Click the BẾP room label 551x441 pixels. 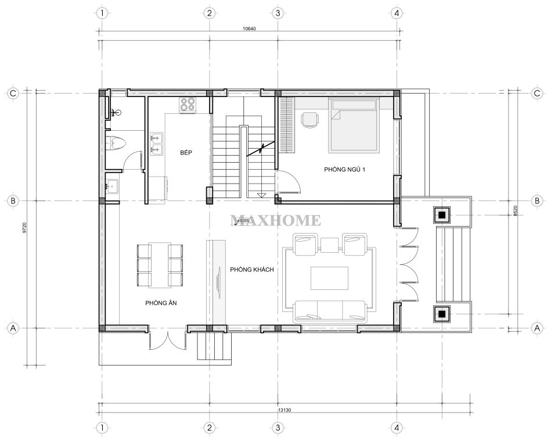(186, 153)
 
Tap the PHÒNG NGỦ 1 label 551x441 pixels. (344, 170)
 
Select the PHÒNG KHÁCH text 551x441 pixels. (251, 270)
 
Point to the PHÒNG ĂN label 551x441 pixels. (161, 303)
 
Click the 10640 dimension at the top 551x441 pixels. (249, 29)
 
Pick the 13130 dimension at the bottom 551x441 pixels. (284, 410)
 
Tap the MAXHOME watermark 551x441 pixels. (275, 221)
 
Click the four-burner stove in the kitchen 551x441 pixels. (188, 105)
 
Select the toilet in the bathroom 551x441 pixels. (116, 143)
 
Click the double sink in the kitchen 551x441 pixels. (156, 144)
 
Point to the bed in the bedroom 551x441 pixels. (354, 125)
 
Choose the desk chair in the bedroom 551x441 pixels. (310, 120)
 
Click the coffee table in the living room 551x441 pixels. (329, 278)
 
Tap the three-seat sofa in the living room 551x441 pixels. (330, 311)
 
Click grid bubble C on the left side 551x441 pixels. (13, 93)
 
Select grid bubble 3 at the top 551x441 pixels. (278, 13)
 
